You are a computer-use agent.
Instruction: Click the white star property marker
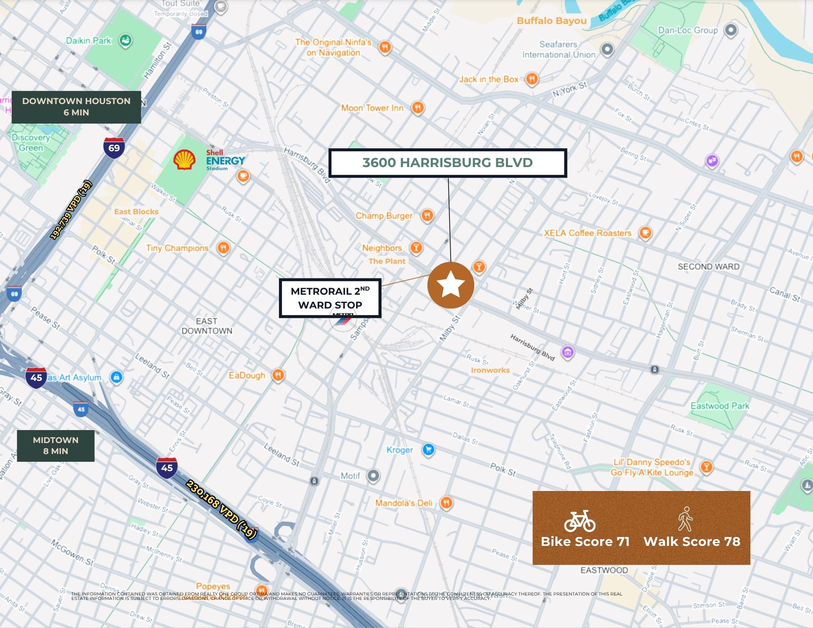coord(451,285)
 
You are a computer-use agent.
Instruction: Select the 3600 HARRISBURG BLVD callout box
coord(447,163)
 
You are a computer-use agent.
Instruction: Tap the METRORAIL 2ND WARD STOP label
coord(330,298)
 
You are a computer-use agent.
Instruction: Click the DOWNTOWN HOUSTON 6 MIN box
coord(76,107)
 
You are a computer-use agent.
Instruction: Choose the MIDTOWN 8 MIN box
coord(56,445)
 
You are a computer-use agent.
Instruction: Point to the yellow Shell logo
coord(184,160)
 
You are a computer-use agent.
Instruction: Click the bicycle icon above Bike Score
coord(580,522)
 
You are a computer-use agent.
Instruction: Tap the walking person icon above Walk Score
coord(685,519)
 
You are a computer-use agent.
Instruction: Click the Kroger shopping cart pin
coord(428,450)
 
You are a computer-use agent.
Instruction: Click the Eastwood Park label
coord(719,406)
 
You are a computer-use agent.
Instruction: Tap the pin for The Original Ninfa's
coord(385,47)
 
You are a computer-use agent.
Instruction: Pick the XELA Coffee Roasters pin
coord(645,233)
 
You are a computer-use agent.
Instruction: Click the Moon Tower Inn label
coord(372,108)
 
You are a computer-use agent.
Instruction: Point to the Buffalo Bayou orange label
coord(551,21)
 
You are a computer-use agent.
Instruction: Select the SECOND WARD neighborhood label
coord(708,267)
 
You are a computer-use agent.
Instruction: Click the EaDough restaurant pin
coord(278,375)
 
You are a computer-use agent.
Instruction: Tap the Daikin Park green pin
coord(125,40)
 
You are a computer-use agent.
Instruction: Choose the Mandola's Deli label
coord(403,503)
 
